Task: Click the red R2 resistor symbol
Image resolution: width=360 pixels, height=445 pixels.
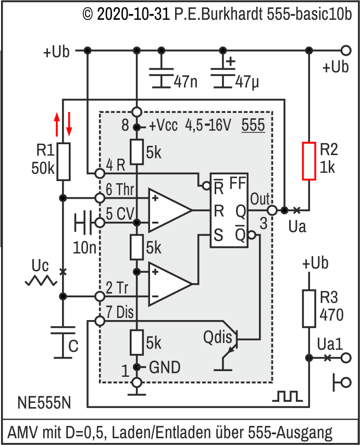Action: (x=309, y=161)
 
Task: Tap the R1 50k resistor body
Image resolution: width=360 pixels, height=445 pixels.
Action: (x=63, y=162)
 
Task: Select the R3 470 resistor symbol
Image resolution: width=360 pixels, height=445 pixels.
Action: (x=308, y=308)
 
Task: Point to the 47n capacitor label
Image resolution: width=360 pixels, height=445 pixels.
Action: (x=185, y=82)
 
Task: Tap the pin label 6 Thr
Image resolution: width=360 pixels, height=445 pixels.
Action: (x=120, y=190)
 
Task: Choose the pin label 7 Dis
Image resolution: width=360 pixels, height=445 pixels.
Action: (x=120, y=313)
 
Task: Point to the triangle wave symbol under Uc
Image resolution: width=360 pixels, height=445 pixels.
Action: (x=41, y=281)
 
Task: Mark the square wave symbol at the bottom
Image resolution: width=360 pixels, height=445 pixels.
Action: (x=287, y=397)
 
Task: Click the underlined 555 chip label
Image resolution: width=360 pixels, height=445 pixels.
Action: (x=254, y=125)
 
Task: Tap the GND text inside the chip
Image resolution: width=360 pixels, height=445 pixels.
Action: (x=165, y=367)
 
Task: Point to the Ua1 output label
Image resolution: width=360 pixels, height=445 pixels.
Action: (x=330, y=344)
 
